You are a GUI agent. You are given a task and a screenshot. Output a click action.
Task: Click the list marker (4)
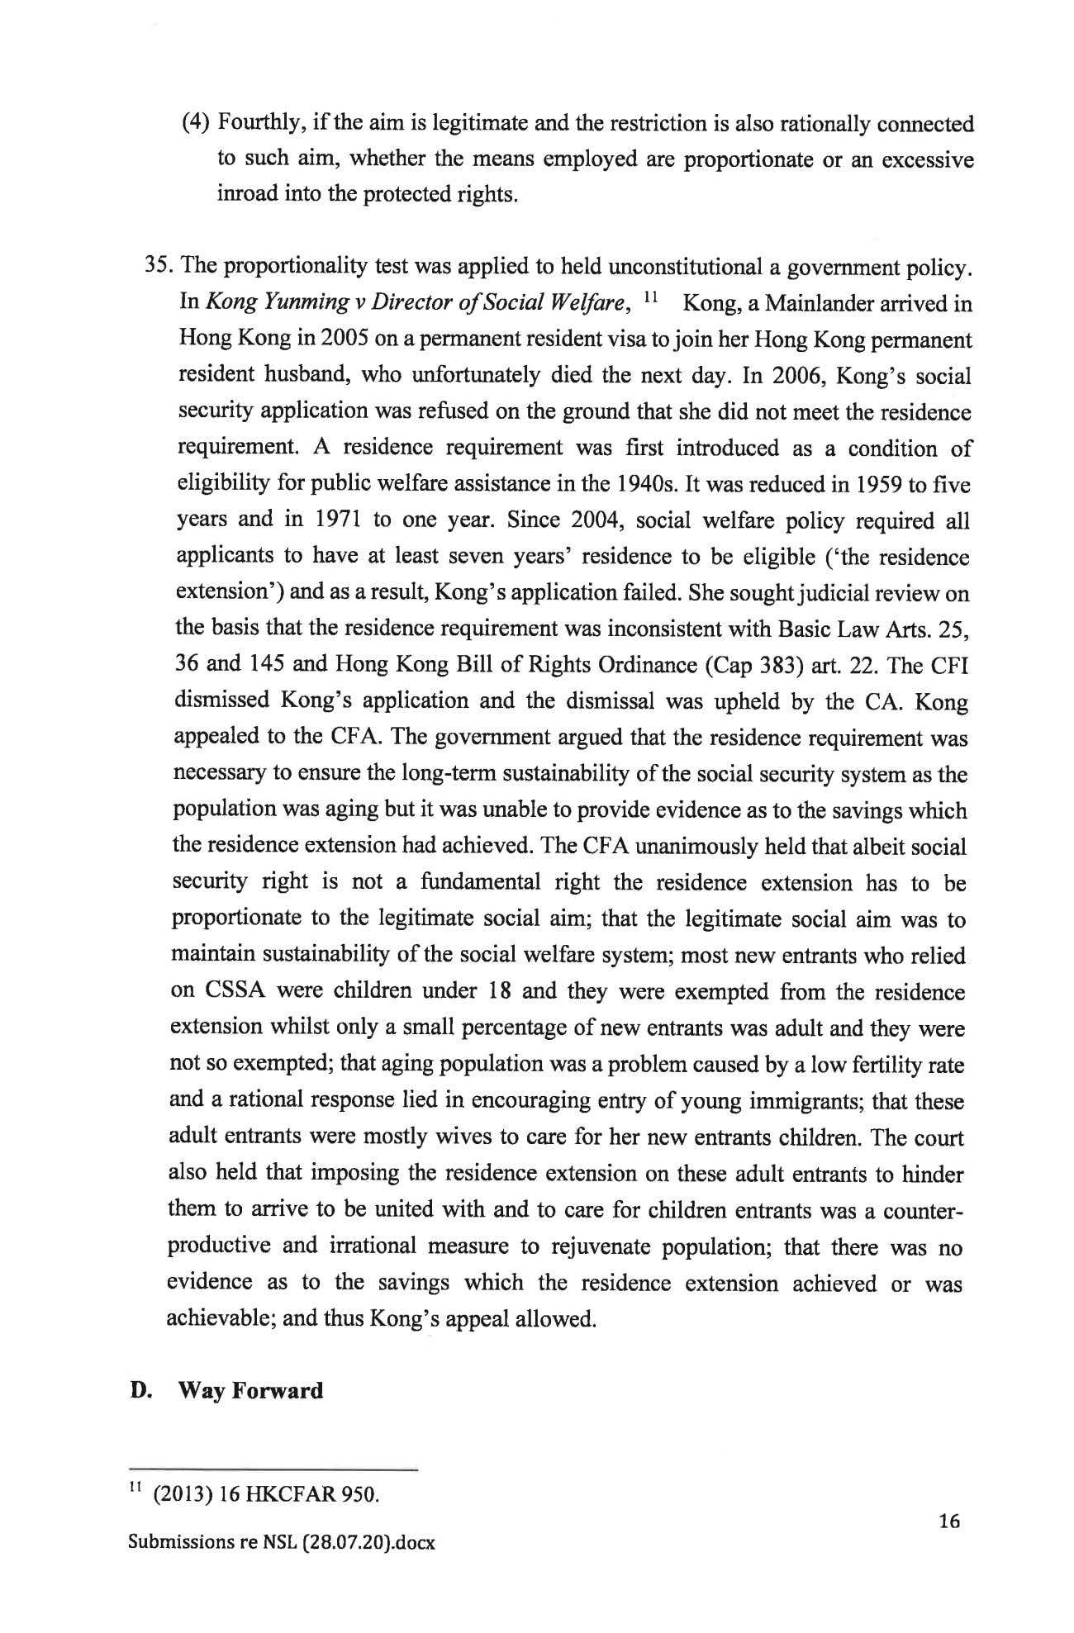tap(195, 124)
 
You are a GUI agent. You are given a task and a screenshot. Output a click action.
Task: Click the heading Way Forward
tap(250, 1391)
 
